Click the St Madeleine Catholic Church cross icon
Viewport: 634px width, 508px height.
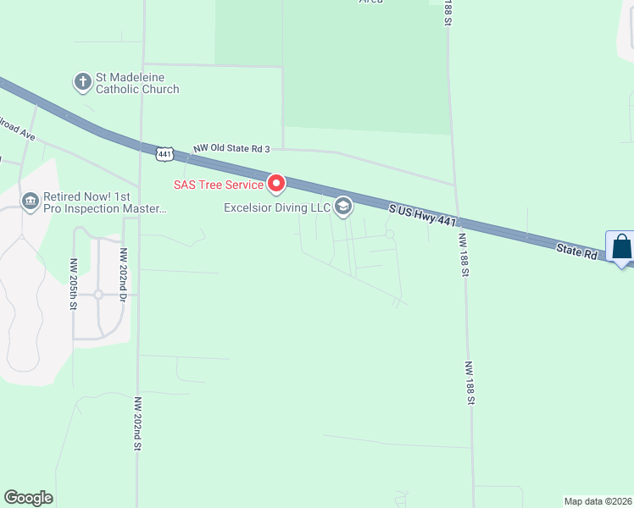click(82, 82)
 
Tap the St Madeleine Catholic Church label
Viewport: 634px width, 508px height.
click(137, 83)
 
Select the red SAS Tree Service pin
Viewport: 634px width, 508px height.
click(276, 183)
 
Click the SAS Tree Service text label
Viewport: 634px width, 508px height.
click(219, 184)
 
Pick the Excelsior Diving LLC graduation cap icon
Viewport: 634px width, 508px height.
click(343, 207)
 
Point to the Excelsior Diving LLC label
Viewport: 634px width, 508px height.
click(276, 207)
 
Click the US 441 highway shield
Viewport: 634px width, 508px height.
click(164, 153)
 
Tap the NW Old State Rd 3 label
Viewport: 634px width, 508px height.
click(231, 149)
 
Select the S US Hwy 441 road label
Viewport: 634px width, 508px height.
click(423, 214)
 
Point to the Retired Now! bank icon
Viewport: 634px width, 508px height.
click(31, 201)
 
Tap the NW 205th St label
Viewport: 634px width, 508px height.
click(75, 279)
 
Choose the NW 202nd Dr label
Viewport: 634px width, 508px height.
click(124, 270)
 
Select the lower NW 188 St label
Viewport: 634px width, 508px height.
click(467, 383)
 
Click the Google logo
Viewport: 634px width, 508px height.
click(28, 498)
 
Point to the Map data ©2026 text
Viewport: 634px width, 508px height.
click(598, 501)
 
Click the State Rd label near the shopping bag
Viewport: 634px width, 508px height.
click(578, 251)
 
